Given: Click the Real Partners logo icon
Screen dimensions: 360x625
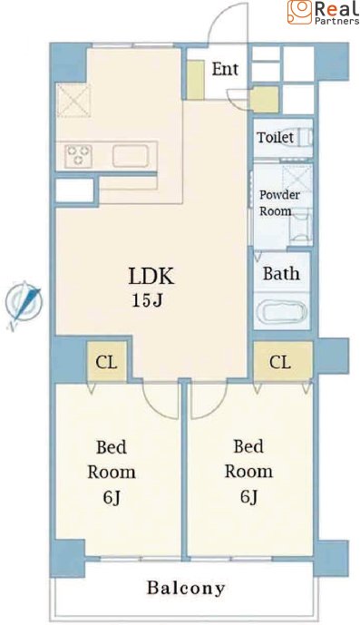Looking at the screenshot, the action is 299,12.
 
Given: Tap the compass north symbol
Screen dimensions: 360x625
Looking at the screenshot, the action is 24,304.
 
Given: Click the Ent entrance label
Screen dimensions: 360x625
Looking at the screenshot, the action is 225,69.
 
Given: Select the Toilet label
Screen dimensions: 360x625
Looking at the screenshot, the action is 275,137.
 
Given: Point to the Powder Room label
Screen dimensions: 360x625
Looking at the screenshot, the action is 279,203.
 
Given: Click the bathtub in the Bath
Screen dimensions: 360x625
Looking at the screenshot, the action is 282,312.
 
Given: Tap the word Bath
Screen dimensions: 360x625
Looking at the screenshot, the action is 281,273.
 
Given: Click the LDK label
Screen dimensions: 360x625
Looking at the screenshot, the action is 151,276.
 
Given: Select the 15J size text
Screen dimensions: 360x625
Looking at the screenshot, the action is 147,300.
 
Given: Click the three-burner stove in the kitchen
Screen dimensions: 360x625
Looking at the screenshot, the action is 79,155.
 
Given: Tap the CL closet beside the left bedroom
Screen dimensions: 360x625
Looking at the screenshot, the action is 106,362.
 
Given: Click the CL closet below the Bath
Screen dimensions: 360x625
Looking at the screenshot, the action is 282,362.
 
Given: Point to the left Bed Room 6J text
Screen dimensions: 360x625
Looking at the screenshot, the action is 112,472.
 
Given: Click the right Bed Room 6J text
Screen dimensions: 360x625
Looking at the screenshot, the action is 248,471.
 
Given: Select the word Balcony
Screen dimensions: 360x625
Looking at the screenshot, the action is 186,588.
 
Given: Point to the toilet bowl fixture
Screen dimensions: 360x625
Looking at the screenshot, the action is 306,138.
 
